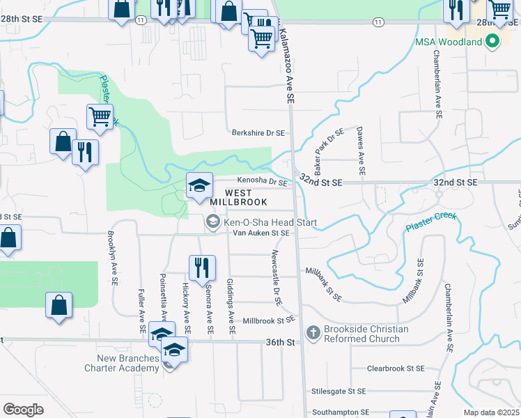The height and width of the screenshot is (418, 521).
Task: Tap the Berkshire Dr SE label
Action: click(x=258, y=132)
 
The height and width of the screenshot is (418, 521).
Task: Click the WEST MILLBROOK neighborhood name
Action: click(x=245, y=197)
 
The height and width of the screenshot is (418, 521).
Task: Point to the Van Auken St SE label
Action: click(x=260, y=233)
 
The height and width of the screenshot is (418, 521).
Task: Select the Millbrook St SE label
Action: click(x=269, y=320)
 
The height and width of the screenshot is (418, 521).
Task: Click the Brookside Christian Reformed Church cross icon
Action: click(x=313, y=333)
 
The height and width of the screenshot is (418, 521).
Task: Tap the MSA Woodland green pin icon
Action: click(x=493, y=42)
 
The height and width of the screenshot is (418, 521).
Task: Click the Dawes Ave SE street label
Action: click(x=361, y=150)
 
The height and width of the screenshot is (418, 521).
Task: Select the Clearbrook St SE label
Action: click(x=396, y=368)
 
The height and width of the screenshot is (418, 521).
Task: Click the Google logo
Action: click(x=23, y=409)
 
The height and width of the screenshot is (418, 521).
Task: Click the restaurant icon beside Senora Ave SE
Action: click(x=199, y=265)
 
